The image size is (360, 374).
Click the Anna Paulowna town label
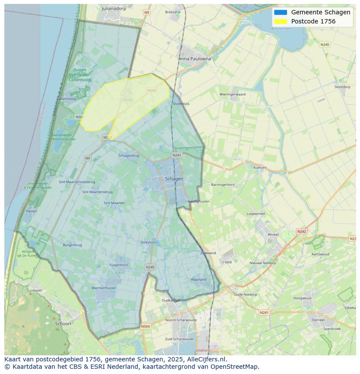pyautogui.click(x=194, y=59)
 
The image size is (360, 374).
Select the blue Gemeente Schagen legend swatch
pyautogui.click(x=281, y=12)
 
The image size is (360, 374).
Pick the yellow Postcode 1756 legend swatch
pyautogui.click(x=281, y=21)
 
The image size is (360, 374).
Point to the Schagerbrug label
pyautogui.click(x=129, y=156)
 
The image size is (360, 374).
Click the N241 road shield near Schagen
pyautogui.click(x=177, y=155)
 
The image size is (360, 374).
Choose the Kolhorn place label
pyautogui.click(x=260, y=167)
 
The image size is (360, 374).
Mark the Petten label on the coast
pyautogui.click(x=31, y=211)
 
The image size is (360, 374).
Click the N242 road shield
pyautogui.click(x=301, y=232)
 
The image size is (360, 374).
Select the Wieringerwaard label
pyautogui.click(x=232, y=94)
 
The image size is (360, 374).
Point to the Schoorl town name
pyautogui.click(x=63, y=324)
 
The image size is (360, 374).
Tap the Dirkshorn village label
pyautogui.click(x=149, y=242)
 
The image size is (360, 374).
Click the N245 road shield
pyautogui.click(x=150, y=267)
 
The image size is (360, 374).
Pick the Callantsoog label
pyautogui.click(x=66, y=99)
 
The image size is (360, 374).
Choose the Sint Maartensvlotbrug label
pyautogui.click(x=77, y=182)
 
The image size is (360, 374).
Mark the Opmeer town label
pyautogui.click(x=318, y=320)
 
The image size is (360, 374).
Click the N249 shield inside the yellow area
pyautogui.click(x=151, y=90)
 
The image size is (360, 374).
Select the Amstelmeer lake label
pyautogui.click(x=281, y=29)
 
